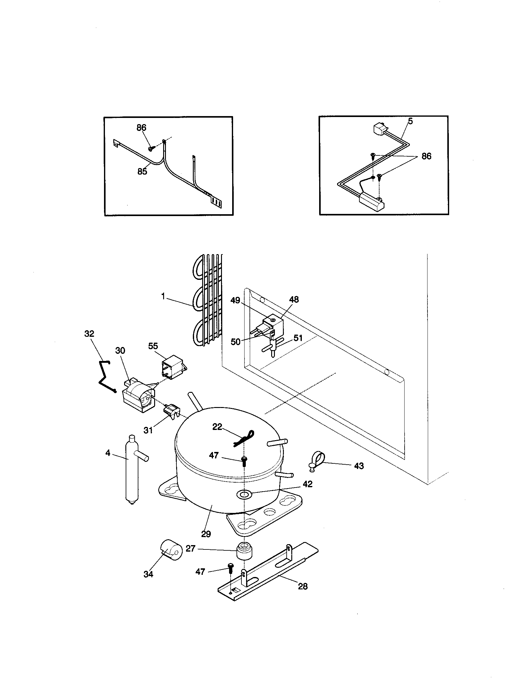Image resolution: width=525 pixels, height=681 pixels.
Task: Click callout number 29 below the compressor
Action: (206, 534)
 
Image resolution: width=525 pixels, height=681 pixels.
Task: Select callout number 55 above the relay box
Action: (153, 346)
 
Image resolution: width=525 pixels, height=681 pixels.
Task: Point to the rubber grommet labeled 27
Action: (245, 552)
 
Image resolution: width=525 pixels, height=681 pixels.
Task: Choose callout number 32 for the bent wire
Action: (89, 334)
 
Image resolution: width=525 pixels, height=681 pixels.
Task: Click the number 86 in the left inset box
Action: (141, 128)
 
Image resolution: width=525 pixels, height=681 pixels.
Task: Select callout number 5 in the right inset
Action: (410, 121)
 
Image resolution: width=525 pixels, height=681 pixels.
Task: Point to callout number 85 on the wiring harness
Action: (142, 171)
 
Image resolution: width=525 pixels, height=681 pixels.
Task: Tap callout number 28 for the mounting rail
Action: (303, 587)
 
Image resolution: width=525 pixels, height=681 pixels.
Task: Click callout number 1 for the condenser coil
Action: (163, 297)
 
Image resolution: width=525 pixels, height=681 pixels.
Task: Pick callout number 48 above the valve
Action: (294, 300)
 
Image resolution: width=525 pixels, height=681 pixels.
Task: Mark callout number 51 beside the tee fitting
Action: (298, 338)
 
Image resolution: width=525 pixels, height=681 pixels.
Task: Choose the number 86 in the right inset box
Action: (426, 156)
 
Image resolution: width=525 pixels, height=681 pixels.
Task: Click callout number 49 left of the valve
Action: (235, 301)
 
